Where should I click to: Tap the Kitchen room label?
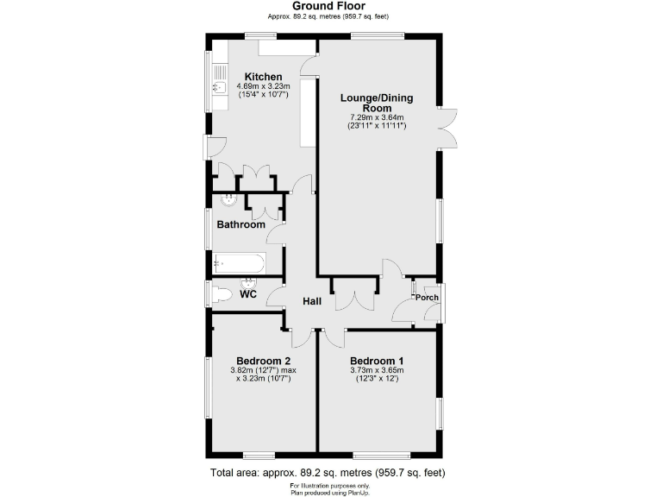pyautogui.click(x=263, y=77)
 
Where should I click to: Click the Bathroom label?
pyautogui.click(x=240, y=224)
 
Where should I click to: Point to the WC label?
pyautogui.click(x=248, y=294)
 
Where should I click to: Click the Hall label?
pyautogui.click(x=311, y=301)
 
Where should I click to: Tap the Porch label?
pyautogui.click(x=428, y=298)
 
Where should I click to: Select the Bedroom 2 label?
pyautogui.click(x=263, y=361)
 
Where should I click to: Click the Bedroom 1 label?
pyautogui.click(x=377, y=361)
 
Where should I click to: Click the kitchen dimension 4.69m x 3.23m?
pyautogui.click(x=263, y=86)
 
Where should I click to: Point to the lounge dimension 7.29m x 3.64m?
pyautogui.click(x=377, y=117)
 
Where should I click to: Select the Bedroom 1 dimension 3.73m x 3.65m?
pyautogui.click(x=377, y=371)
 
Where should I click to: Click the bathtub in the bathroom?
pyautogui.click(x=240, y=261)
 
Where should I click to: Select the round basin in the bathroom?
pyautogui.click(x=229, y=201)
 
